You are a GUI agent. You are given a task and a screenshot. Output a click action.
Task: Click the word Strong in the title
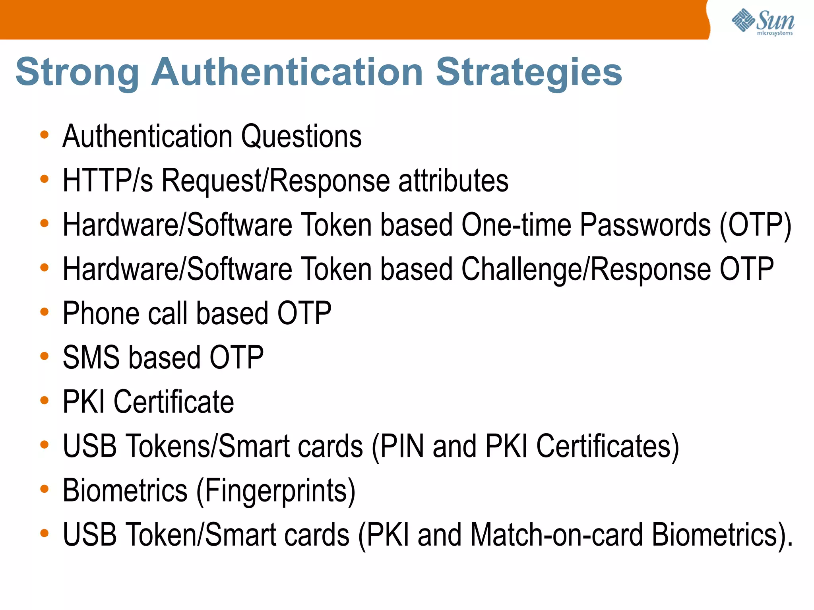tap(78, 72)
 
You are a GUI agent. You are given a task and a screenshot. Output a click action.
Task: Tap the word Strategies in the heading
tap(529, 72)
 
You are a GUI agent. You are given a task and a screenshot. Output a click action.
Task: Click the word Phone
tap(101, 314)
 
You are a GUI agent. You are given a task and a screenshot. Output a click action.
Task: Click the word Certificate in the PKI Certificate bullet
tap(174, 402)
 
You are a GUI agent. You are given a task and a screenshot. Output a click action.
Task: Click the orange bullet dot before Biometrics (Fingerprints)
tap(44, 488)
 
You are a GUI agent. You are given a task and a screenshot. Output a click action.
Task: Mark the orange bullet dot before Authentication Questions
tap(44, 135)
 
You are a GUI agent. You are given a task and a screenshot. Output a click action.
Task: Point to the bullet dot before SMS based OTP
tap(44, 356)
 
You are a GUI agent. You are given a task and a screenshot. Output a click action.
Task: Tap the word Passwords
tap(645, 225)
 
